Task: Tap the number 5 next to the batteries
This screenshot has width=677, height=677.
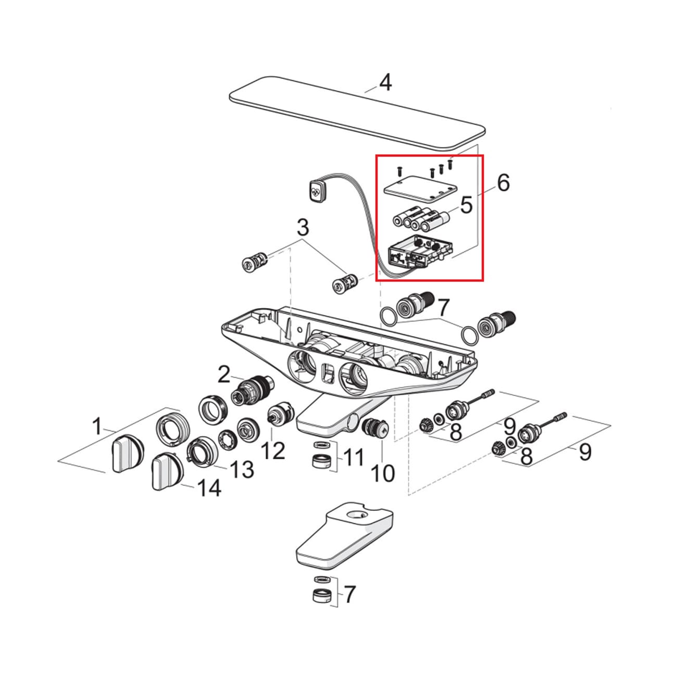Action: point(466,205)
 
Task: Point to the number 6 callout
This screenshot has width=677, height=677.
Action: point(503,183)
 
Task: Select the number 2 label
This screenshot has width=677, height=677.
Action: point(223,374)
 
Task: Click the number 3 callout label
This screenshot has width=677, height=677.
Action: point(303,228)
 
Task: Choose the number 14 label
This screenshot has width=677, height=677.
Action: point(208,488)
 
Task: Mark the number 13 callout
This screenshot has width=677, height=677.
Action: point(242,469)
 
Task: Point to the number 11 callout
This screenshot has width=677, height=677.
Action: point(354,458)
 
